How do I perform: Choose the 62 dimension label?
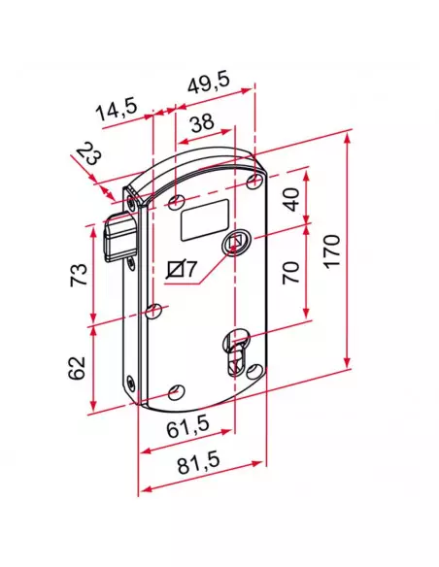[79, 367]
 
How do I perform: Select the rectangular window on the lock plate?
[204, 218]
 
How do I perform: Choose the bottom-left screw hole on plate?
[175, 391]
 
